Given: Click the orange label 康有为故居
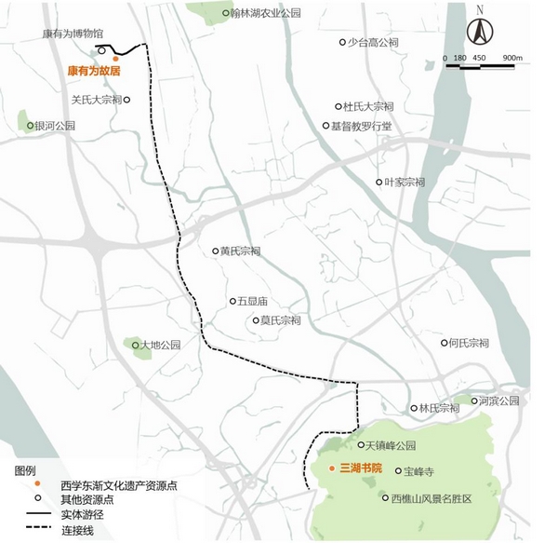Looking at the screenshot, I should pos(94,70).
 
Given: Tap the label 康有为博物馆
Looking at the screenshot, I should pos(73,34).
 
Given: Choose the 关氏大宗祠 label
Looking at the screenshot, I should pos(96,99).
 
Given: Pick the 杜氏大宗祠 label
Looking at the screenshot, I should pos(368,106).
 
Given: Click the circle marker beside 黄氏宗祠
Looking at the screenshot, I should pos(214,251).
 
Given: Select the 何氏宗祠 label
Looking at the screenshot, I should pos(468,342).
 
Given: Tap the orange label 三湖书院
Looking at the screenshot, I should pos(362,467).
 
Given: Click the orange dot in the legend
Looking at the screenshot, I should pos(36,485).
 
